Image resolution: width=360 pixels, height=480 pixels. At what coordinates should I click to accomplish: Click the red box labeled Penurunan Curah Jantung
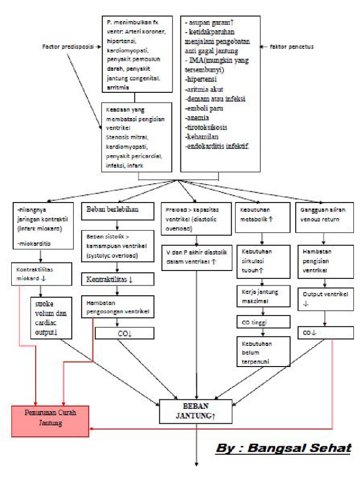tap(50, 421)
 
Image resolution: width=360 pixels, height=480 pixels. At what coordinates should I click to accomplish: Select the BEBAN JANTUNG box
tap(196, 411)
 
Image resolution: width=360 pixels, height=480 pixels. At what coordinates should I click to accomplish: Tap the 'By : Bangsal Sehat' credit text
tap(283, 448)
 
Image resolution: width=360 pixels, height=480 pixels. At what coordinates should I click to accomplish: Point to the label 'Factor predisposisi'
tap(68, 47)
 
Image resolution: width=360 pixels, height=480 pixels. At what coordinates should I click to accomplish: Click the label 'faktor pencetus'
tap(292, 47)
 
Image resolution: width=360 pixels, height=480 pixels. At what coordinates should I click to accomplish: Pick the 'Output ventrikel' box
tap(325, 299)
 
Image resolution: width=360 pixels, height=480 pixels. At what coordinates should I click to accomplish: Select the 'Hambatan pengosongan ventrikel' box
tap(117, 308)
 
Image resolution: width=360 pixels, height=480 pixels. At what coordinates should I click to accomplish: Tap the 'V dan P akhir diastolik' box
tap(196, 257)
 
